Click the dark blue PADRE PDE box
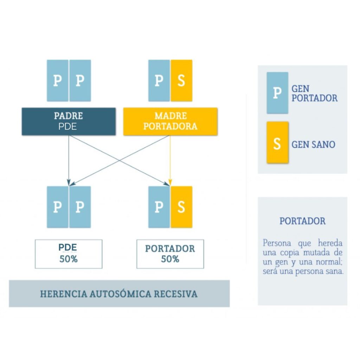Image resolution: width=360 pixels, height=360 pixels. (x=69, y=121)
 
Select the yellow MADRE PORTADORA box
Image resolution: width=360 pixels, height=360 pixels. (x=171, y=121)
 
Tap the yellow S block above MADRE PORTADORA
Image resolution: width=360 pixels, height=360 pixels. (x=181, y=81)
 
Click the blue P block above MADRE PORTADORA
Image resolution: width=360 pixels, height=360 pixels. (x=159, y=81)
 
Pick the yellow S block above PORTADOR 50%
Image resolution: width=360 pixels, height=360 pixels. (x=181, y=207)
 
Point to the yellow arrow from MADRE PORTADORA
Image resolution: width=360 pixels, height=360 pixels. (x=170, y=160)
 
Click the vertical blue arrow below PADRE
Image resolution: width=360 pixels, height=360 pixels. (x=69, y=160)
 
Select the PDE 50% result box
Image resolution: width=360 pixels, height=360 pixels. (x=69, y=254)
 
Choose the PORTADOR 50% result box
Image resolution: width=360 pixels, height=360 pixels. (x=170, y=254)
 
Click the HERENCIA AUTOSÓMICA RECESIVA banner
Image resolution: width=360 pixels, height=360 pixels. (x=119, y=294)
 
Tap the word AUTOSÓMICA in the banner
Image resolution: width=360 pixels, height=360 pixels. (x=120, y=294)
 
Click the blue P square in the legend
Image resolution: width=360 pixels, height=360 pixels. (x=277, y=93)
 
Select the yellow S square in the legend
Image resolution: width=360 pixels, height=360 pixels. (x=277, y=143)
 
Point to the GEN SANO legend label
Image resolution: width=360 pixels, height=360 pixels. (x=313, y=144)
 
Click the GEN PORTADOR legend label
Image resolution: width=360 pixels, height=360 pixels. (x=315, y=94)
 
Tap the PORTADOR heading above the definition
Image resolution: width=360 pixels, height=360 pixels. (x=302, y=221)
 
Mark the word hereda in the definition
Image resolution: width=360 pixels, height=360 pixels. (x=330, y=243)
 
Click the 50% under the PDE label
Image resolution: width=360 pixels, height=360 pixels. (x=69, y=259)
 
